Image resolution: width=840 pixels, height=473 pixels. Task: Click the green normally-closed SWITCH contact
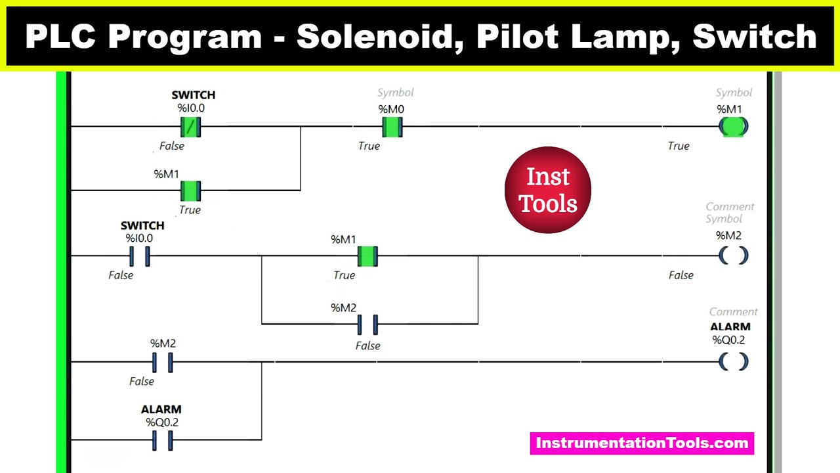click(x=190, y=126)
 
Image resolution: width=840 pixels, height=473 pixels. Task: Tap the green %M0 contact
click(x=392, y=126)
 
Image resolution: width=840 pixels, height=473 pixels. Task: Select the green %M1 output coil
click(x=733, y=126)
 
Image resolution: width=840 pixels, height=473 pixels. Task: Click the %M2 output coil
click(x=733, y=256)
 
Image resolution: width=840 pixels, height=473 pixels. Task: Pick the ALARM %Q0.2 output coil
click(x=733, y=361)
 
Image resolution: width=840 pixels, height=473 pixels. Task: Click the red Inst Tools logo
click(x=548, y=190)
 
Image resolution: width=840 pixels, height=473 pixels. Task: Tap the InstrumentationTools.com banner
click(x=642, y=443)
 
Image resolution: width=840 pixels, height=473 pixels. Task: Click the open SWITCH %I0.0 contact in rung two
click(x=140, y=256)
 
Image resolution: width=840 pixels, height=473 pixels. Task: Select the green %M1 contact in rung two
click(x=367, y=256)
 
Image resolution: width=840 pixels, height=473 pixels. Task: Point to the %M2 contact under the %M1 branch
click(x=367, y=324)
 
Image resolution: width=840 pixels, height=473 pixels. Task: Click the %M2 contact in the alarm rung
click(x=162, y=361)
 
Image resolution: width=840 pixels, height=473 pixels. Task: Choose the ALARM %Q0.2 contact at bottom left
click(x=162, y=440)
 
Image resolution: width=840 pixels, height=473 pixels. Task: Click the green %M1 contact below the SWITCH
click(x=190, y=191)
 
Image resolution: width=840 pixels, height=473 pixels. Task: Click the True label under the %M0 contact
click(x=369, y=146)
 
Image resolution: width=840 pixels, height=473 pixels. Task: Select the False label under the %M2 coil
click(x=681, y=275)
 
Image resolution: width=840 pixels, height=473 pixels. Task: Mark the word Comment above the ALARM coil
click(x=733, y=312)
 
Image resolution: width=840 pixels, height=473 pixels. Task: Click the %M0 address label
click(x=392, y=109)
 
